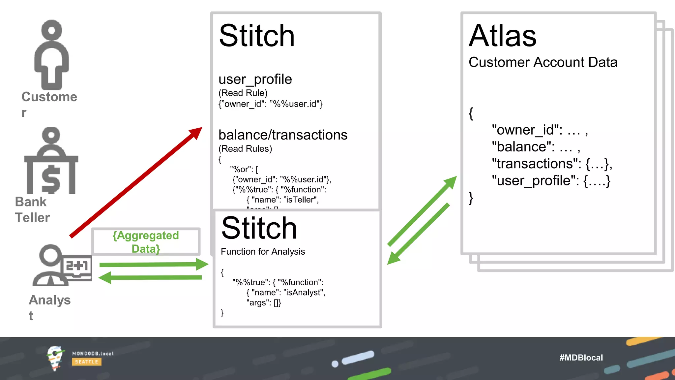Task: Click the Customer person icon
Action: point(52,54)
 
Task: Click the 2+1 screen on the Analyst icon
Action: point(77,266)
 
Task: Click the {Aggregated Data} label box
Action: point(146,242)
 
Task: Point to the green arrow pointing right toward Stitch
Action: point(153,264)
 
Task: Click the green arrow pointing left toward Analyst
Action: point(150,277)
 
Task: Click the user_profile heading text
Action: point(255,79)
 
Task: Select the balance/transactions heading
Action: point(283,135)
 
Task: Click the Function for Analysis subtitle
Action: point(263,252)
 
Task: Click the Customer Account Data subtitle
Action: point(543,62)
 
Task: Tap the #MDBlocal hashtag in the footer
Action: point(581,358)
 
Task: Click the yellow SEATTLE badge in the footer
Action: point(86,362)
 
